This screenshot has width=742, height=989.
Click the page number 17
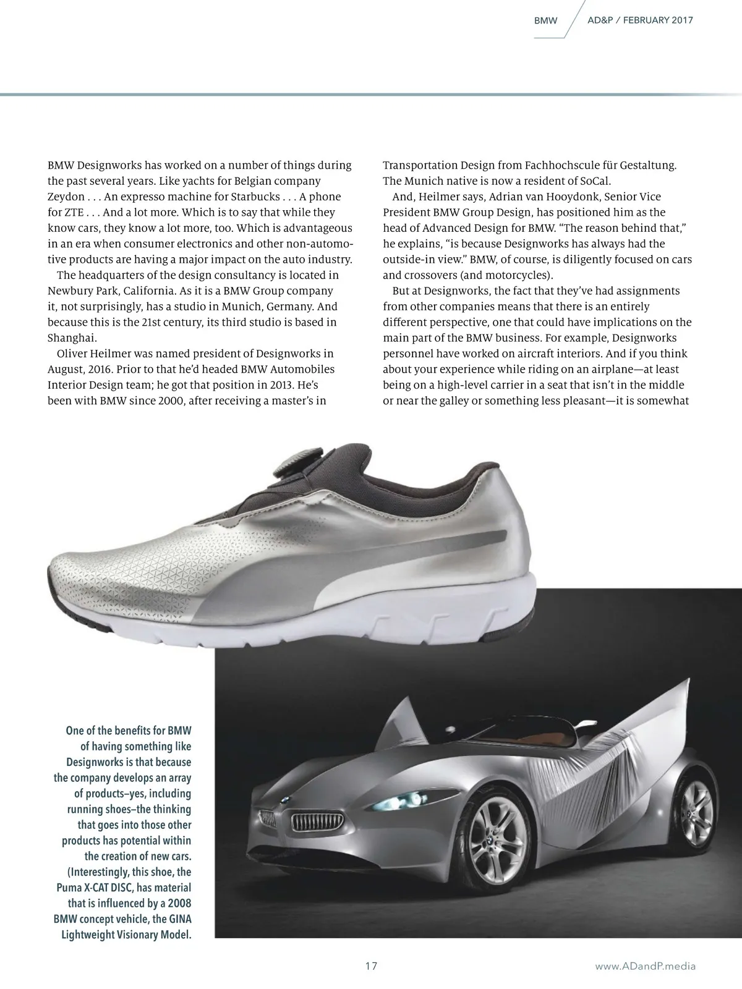(371, 966)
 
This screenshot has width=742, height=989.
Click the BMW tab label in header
(545, 20)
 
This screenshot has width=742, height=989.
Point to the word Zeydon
(66, 197)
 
